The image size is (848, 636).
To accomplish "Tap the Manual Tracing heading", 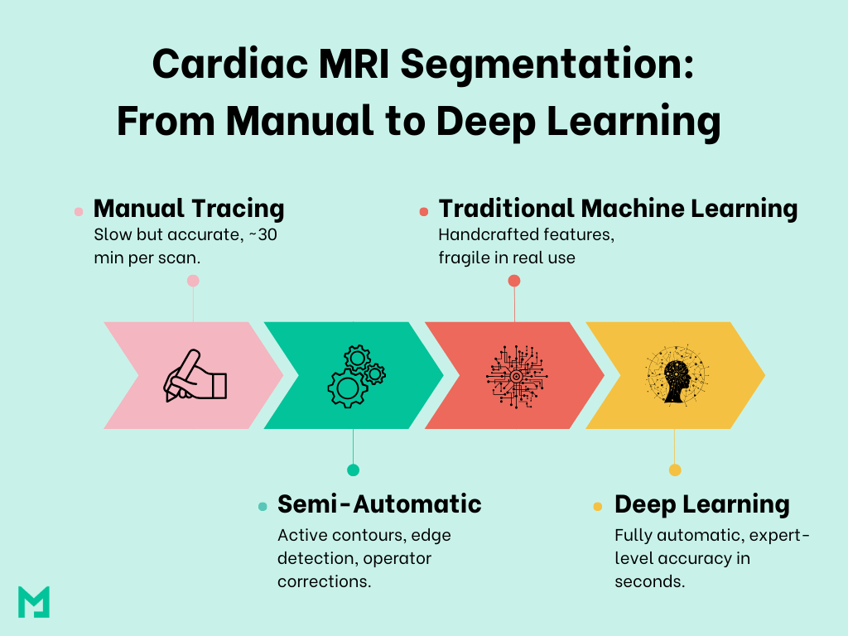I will tap(189, 209).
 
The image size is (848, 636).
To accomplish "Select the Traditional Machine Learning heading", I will tap(618, 209).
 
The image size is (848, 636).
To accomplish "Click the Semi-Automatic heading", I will tap(379, 503).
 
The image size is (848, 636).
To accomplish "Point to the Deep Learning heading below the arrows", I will tap(701, 504).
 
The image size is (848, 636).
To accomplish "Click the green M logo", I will tap(34, 601).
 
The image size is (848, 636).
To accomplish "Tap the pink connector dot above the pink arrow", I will tap(193, 281).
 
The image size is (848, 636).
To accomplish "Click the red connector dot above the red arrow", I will tap(514, 281).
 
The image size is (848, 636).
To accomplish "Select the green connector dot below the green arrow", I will tap(354, 470).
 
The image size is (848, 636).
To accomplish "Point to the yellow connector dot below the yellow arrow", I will tap(675, 470).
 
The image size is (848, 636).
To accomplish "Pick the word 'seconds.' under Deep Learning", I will tap(650, 581).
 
